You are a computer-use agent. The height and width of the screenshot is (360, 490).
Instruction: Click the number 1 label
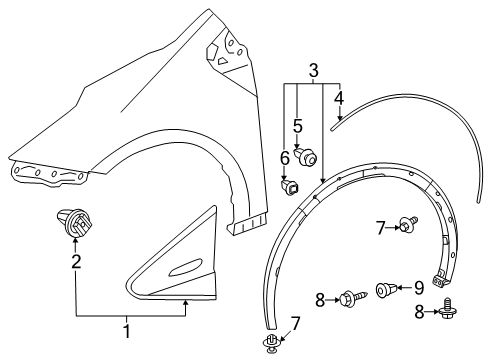tap(126, 331)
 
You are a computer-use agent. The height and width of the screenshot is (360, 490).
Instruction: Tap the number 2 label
tap(75, 262)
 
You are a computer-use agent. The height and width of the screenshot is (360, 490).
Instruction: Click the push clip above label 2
tap(71, 227)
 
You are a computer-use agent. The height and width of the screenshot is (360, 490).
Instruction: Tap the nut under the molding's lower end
tap(272, 345)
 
